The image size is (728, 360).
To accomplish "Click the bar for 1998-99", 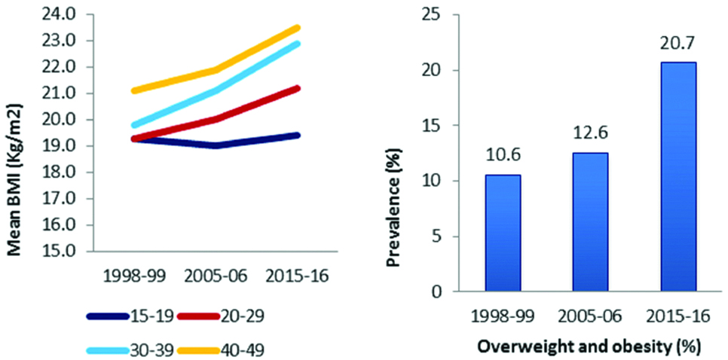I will click(503, 233).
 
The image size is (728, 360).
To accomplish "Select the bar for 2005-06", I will click(590, 222).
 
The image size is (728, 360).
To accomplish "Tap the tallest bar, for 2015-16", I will click(678, 177).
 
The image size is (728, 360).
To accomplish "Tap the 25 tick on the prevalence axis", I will click(435, 14).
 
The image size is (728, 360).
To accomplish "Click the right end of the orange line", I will click(298, 28).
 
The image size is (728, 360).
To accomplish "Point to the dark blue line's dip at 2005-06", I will click(216, 145).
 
